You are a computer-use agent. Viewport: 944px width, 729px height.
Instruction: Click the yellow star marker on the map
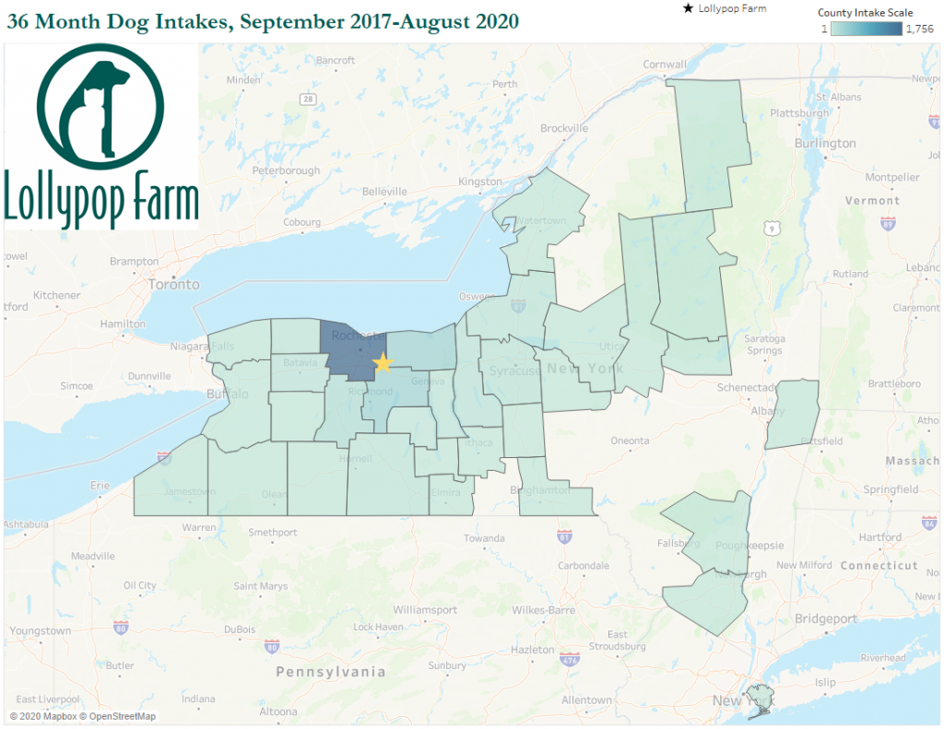[x=383, y=363]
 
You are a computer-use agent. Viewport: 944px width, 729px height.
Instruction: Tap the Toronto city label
[x=173, y=285]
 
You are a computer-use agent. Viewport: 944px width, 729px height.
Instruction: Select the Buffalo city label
[x=229, y=394]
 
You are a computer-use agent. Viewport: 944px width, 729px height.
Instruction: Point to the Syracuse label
[x=515, y=371]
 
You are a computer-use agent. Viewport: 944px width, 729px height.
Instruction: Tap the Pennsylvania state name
[x=331, y=672]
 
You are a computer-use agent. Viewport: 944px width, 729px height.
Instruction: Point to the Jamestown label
[x=190, y=492]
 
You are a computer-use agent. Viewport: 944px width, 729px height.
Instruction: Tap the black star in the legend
[x=687, y=9]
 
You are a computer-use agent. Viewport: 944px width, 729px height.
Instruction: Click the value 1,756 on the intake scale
[x=920, y=29]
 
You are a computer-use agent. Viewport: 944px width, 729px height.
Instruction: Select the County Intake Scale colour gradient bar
[x=866, y=29]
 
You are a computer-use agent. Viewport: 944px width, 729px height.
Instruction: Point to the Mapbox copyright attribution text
[x=83, y=716]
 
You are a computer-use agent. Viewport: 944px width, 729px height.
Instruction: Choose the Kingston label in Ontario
[x=479, y=182]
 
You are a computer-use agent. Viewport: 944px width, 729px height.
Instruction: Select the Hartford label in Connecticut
[x=879, y=537]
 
